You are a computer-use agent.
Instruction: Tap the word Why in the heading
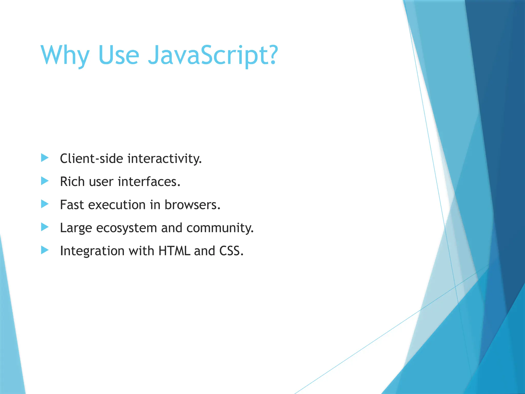coord(65,55)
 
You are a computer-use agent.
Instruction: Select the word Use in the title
coord(118,55)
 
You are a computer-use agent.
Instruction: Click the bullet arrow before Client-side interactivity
coord(45,158)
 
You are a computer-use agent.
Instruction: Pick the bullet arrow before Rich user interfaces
coord(45,181)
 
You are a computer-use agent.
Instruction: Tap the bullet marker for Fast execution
coord(45,204)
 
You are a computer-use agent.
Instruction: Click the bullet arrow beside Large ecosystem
coord(45,227)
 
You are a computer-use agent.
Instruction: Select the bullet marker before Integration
coord(45,250)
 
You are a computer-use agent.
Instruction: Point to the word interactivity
coord(164,159)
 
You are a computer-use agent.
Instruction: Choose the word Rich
coord(72,182)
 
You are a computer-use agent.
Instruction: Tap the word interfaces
coord(149,182)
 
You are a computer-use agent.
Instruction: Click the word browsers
coord(192,205)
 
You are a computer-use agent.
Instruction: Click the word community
coord(220,228)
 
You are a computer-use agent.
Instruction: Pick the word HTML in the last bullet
coord(174,251)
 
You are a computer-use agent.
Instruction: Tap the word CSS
coord(231,251)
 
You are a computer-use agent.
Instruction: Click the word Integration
coord(92,251)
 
